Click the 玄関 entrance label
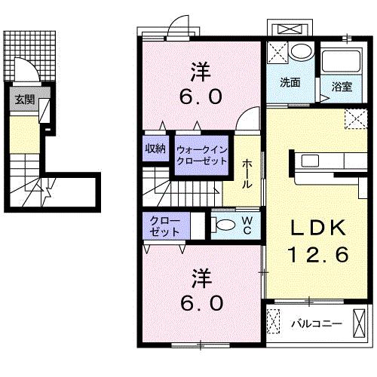24,100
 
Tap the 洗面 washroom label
290,82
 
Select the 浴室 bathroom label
342,87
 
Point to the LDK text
317,228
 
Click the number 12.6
318,254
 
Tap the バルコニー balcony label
317,323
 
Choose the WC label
247,225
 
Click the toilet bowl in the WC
225,225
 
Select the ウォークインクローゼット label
202,155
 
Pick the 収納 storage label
155,149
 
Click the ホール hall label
247,173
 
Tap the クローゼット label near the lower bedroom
164,226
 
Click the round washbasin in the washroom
302,52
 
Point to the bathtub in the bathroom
342,62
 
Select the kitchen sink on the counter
310,161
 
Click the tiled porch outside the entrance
29,56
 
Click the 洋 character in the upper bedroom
201,72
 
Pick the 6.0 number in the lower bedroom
202,303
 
